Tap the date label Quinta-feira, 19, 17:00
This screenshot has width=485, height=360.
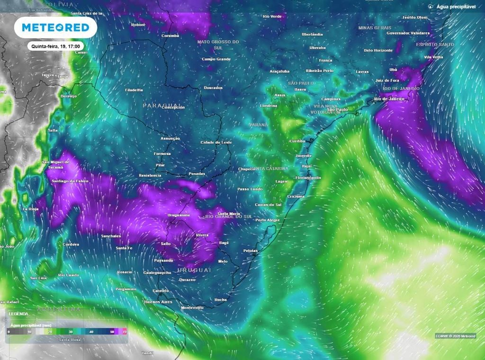coord(56,46)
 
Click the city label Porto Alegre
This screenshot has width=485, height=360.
coord(268,220)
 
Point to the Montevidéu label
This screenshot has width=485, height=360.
coord(192,308)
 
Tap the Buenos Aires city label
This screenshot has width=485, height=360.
coord(158,302)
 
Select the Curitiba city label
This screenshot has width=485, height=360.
coord(297,141)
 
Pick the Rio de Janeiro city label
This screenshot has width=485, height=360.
coord(389,99)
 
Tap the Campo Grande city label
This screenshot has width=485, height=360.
coord(216,59)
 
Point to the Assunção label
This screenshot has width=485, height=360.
coord(170,138)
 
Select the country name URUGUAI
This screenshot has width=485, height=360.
coord(193,270)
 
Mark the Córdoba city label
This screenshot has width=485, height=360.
coord(71,244)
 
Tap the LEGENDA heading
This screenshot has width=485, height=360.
coord(18,314)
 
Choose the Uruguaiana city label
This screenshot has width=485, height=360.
coord(179,216)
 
